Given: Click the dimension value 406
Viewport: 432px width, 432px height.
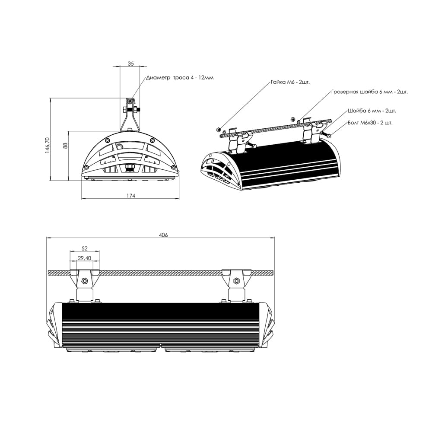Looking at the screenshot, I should tap(163, 235).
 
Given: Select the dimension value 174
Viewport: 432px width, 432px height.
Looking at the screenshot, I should tap(131, 196).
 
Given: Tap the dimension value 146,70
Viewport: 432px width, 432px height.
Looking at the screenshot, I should tap(48, 145).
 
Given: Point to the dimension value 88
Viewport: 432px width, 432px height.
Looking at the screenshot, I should tap(65, 146).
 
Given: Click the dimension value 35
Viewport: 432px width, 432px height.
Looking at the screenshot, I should tap(131, 64).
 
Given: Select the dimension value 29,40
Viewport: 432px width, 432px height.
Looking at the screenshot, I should tap(84, 258).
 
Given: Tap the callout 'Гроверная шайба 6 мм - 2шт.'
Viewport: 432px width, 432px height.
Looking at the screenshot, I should tap(369, 92).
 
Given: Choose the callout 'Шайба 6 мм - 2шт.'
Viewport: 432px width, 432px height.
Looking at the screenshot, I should tap(372, 111).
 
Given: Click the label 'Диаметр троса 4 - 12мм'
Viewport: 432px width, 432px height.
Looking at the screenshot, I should tap(180, 78).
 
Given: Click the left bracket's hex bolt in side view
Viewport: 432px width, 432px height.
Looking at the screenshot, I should tap(85, 281).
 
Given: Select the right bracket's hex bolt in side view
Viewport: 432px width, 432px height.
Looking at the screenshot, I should tap(236, 281).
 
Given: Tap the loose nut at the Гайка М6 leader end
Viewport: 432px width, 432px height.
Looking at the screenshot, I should tap(219, 129).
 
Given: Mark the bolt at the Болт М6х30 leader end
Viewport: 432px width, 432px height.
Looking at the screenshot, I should tap(328, 136).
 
